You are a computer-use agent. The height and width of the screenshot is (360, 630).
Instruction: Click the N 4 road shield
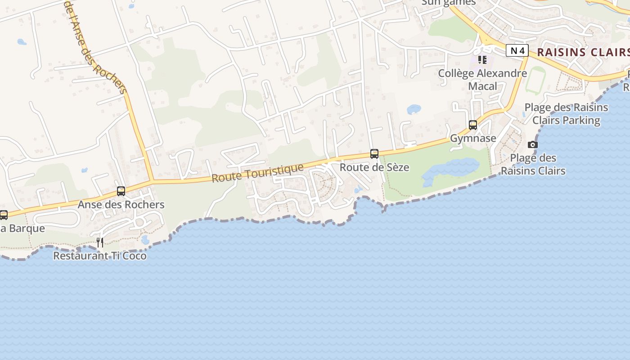coord(517,50)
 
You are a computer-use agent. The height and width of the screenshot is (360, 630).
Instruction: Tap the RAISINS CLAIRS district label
coord(583,52)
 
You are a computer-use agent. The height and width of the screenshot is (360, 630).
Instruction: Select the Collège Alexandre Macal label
coord(482,80)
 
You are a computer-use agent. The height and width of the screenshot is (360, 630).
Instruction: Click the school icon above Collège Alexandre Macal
coord(482,60)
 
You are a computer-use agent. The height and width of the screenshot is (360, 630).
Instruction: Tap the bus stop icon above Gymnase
coord(473,125)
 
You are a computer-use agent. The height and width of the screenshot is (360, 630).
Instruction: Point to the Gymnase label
coord(473,139)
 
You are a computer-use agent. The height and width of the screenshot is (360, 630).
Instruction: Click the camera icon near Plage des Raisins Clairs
coord(533,144)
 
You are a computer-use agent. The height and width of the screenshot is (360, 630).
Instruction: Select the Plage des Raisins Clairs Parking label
coord(566,114)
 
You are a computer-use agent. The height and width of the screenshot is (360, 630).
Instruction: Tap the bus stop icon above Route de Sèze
coord(374,154)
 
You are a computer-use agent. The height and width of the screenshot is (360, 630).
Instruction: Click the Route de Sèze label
coord(374,167)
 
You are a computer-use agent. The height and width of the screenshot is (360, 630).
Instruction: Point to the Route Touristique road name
coord(258,173)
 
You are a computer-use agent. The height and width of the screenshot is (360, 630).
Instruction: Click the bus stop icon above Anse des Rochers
coord(121,191)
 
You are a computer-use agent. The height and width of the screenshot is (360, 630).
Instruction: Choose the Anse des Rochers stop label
coord(121,205)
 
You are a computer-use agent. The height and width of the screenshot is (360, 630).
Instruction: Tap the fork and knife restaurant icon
coord(100,243)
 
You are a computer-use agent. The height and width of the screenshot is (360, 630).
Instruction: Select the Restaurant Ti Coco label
coord(100,256)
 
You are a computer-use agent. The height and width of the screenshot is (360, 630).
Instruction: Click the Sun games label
coord(448,3)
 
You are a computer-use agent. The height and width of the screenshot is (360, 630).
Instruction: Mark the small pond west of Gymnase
coord(414,109)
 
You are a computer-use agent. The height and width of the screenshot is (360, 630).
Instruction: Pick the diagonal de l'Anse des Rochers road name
coord(95,47)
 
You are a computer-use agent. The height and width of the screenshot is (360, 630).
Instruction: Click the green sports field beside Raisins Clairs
coord(535,81)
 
